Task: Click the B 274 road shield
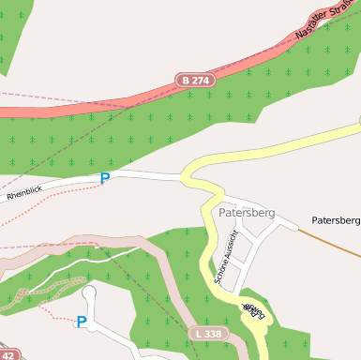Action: [x=196, y=82]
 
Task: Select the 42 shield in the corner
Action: [x=8, y=355]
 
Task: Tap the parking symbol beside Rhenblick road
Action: [x=105, y=178]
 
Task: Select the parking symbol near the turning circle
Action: [x=82, y=322]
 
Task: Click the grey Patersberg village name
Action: [x=247, y=213]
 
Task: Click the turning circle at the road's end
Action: [x=89, y=293]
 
